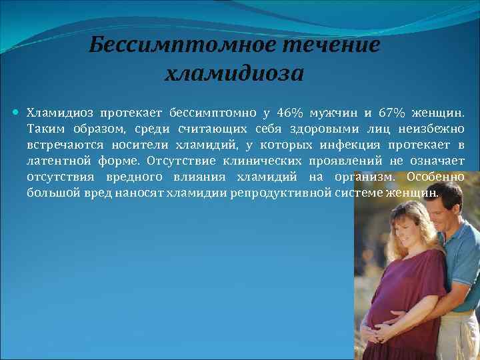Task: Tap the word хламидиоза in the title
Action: tap(233, 72)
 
